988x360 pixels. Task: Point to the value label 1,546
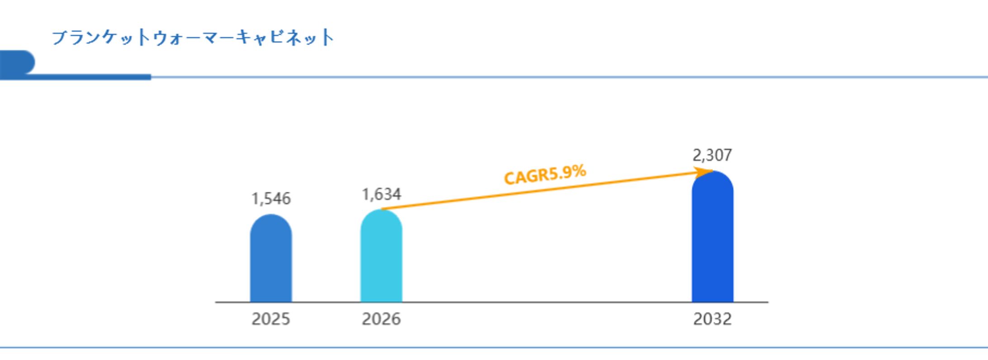[x=271, y=199]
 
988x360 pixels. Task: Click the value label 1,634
[x=381, y=194]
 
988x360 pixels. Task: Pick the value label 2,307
[x=712, y=155]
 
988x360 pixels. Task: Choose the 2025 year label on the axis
[x=271, y=319]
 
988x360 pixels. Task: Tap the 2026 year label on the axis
[x=381, y=319]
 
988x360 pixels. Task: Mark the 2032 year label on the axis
[x=712, y=319]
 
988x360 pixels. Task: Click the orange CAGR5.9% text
[x=545, y=175]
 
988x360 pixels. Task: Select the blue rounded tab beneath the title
[x=17, y=62]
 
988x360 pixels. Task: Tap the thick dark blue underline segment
[x=90, y=77]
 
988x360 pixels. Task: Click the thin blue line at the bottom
[x=494, y=348]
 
